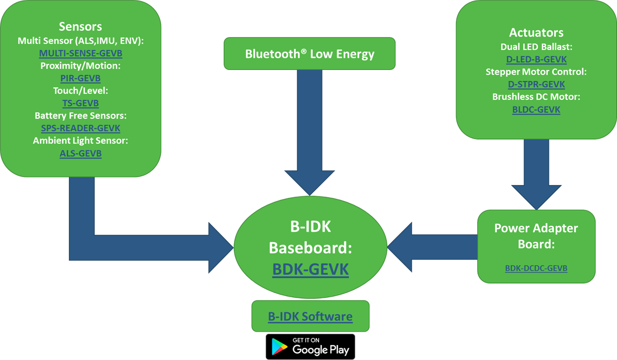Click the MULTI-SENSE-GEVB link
point(80,53)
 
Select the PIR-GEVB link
point(80,78)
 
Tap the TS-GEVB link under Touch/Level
point(80,103)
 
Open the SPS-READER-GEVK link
point(80,128)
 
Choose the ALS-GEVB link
point(80,153)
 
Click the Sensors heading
point(80,27)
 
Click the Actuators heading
point(536,33)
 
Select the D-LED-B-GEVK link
point(536,59)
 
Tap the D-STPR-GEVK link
point(536,84)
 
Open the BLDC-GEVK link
point(536,110)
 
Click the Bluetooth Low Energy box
point(310,53)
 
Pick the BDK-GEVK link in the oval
point(310,269)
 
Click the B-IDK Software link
point(310,316)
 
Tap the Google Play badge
point(310,346)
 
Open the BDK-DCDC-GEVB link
point(536,268)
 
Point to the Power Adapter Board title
point(536,236)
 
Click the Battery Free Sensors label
point(80,116)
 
